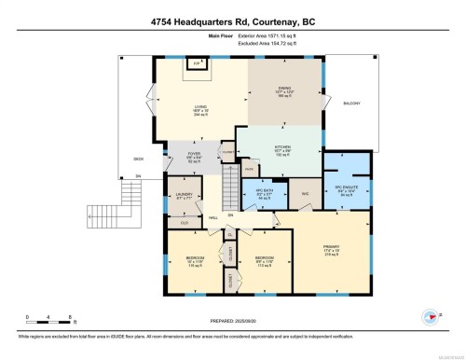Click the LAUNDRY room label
coord(184,195)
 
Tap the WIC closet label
coord(304,193)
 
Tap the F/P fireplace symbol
coord(197,63)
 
